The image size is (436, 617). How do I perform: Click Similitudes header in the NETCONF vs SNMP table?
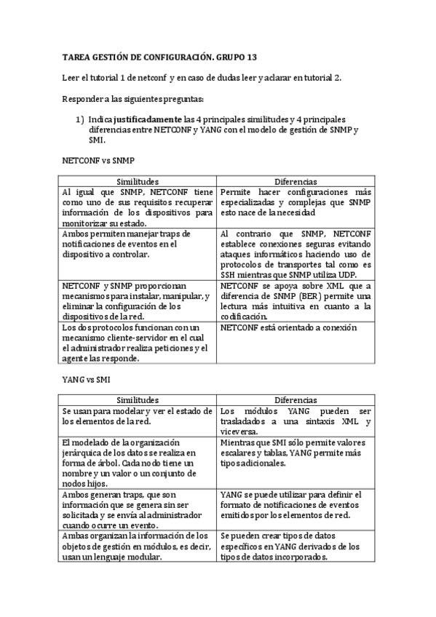(x=138, y=180)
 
